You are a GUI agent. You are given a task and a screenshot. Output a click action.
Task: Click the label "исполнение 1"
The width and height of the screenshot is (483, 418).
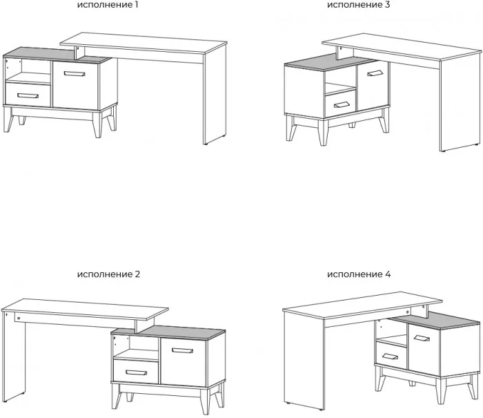point(108,5)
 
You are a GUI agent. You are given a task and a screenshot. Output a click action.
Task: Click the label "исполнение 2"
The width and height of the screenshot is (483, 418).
point(108,274)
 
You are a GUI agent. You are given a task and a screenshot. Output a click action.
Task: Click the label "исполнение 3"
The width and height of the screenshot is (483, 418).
point(359,5)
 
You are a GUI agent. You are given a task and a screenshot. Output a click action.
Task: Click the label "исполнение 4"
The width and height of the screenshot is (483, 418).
point(359,274)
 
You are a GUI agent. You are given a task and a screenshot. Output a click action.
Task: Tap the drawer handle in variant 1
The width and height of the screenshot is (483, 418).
point(28,95)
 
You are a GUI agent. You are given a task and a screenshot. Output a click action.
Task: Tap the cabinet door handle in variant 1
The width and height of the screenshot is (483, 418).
point(75,73)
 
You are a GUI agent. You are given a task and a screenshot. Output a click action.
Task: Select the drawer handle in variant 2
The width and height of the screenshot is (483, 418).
point(136,372)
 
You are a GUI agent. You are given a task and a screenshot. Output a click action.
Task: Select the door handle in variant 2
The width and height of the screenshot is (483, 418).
point(183,350)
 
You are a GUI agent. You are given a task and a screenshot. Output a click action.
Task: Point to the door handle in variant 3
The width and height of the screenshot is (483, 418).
point(375,73)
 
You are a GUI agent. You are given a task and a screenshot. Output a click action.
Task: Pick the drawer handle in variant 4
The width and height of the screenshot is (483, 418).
point(390,357)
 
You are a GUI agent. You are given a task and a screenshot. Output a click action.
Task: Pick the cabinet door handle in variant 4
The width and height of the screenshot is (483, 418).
point(422,339)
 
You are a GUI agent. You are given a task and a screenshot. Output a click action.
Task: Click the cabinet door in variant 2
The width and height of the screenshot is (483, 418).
point(184,363)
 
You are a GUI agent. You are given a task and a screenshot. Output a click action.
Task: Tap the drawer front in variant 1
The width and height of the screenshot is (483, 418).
point(28,95)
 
